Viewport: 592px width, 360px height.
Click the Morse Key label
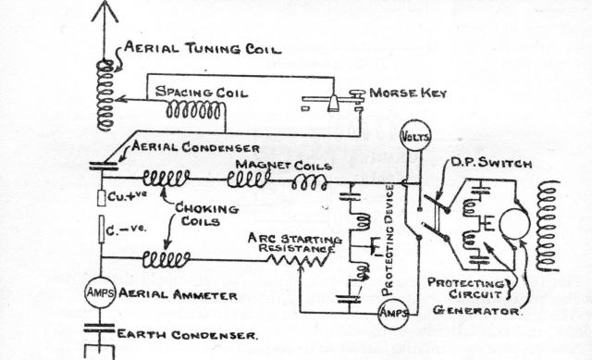click(x=408, y=93)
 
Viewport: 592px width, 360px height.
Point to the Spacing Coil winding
click(x=194, y=110)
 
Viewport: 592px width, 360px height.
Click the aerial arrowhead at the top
click(x=105, y=11)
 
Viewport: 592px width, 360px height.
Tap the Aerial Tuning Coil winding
click(x=105, y=95)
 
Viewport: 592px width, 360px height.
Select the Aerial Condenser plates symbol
click(x=105, y=167)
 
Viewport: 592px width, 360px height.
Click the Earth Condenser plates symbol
click(x=100, y=329)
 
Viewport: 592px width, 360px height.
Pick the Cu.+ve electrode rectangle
click(x=101, y=198)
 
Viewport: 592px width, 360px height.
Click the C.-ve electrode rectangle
click(x=101, y=229)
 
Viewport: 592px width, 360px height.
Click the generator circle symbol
click(x=514, y=223)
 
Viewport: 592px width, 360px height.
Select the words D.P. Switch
click(x=491, y=163)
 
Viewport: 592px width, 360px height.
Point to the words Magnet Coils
click(x=284, y=165)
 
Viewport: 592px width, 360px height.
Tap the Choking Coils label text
click(x=206, y=214)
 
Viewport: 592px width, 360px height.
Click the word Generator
click(x=475, y=311)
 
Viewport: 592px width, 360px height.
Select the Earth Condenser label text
click(x=188, y=335)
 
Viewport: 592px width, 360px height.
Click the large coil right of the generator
click(x=549, y=226)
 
